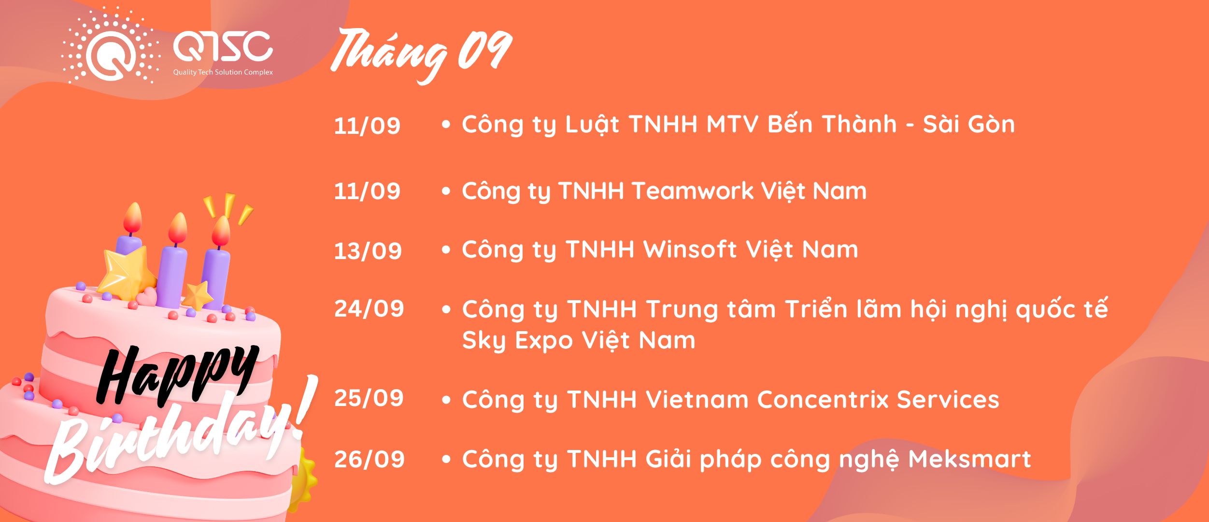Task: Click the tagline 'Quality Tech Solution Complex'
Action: click(223, 72)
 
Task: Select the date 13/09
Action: click(368, 251)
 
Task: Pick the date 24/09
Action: click(369, 309)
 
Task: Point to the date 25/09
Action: click(369, 398)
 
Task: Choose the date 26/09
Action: click(370, 459)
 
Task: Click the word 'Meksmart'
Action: click(969, 459)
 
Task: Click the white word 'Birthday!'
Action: click(181, 430)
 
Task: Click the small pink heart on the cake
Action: click(146, 296)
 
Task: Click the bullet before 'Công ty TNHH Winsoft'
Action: click(446, 250)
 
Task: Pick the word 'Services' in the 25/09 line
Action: click(948, 400)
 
